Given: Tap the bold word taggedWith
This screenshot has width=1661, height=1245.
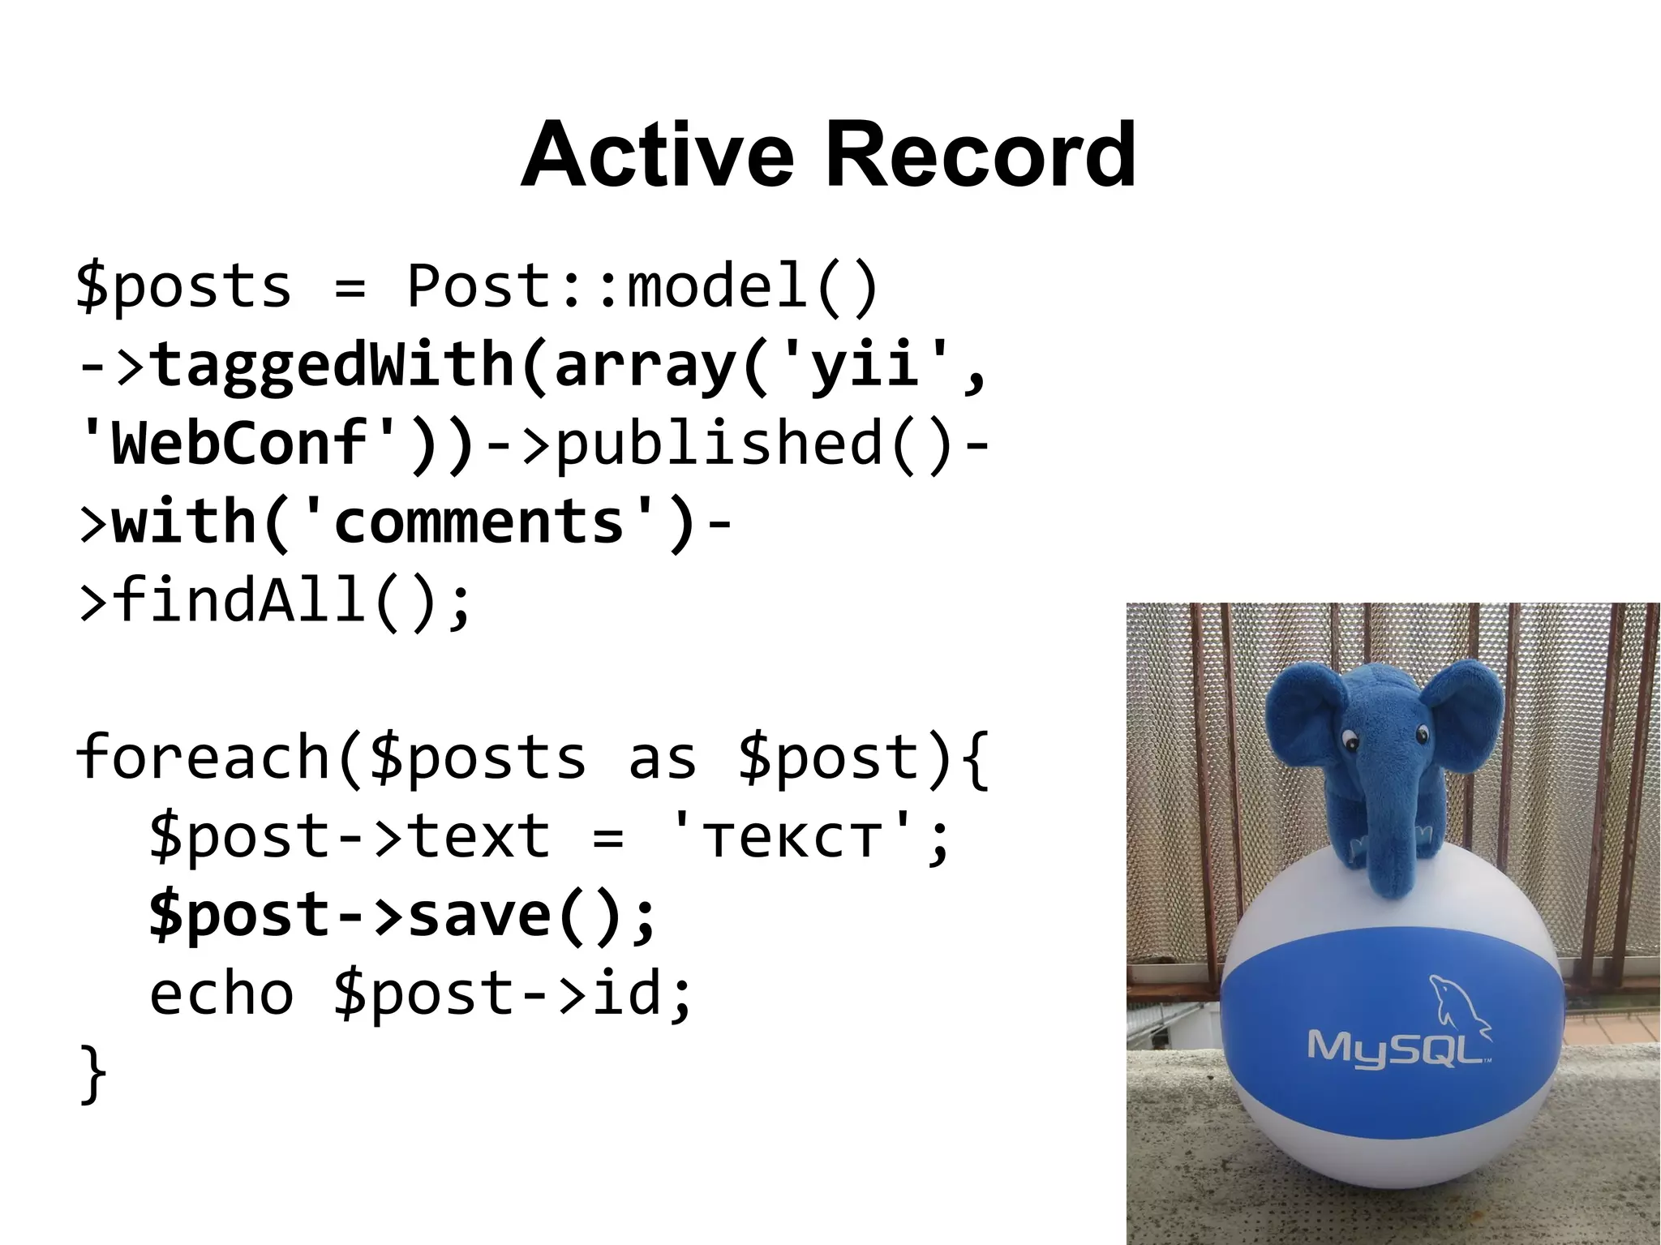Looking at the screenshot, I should [x=333, y=365].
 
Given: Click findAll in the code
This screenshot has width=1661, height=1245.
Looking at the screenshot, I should [x=240, y=600].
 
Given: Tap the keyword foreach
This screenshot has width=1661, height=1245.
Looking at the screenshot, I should [x=203, y=757].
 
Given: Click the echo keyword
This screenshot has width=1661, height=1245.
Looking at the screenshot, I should [x=221, y=993].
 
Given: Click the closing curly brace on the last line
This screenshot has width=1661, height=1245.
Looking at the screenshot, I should [x=92, y=1072].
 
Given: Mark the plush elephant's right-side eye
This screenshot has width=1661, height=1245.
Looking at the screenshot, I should [x=1422, y=735].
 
